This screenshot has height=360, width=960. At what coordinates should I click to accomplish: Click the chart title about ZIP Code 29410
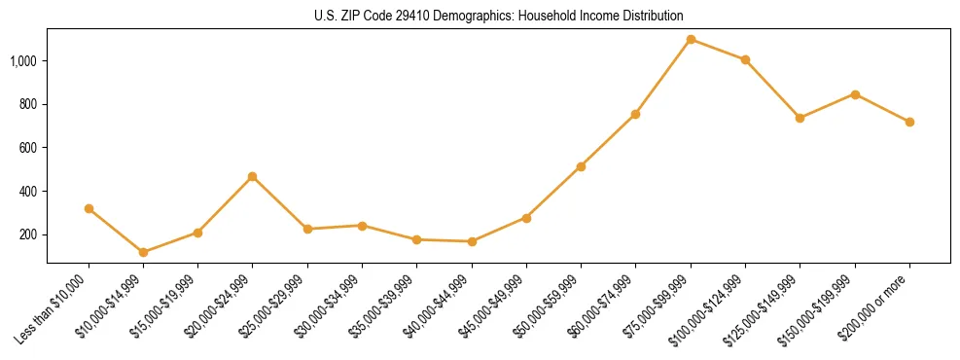point(499,16)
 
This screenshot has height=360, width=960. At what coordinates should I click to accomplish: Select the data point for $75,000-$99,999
point(691,39)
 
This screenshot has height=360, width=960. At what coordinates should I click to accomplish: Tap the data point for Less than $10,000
point(89,208)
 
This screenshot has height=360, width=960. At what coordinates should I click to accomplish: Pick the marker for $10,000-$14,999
point(143,252)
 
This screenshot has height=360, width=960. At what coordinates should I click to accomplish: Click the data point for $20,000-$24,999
point(253,176)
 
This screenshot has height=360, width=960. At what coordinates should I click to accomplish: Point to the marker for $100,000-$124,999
point(745,59)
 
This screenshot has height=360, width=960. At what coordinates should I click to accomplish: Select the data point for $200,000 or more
point(909,122)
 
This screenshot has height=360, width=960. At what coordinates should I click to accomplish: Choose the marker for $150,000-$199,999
point(855,94)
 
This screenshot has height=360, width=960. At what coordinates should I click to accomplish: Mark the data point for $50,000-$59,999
point(581,166)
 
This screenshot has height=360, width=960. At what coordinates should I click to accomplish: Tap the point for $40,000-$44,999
point(472,241)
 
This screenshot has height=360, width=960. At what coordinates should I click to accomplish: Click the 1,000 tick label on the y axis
point(24,60)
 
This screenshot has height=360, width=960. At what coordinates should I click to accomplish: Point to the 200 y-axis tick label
point(29,234)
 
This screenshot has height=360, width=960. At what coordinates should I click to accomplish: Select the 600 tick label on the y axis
point(29,148)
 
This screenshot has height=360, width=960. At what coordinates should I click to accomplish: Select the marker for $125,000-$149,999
point(800,118)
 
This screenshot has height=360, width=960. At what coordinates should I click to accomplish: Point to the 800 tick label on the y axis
point(29,104)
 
